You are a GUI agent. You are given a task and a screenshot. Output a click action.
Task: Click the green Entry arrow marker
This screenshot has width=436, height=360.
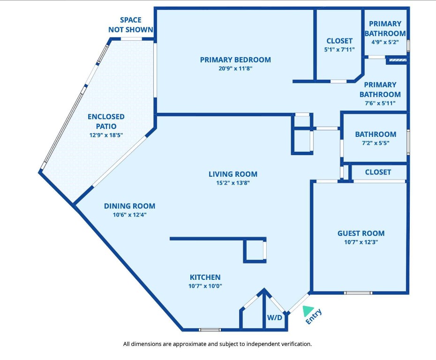coord(308,311)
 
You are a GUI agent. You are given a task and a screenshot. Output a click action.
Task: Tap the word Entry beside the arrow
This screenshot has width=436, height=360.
coord(314,317)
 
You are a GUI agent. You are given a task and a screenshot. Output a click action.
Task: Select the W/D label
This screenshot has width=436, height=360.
coord(275,318)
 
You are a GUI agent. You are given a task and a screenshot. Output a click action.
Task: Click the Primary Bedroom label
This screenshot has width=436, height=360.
coord(235,60)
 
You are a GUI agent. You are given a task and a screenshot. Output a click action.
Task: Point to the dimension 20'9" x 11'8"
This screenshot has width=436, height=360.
coord(235,68)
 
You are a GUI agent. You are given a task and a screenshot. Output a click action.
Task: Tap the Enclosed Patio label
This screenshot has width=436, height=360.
coord(106,121)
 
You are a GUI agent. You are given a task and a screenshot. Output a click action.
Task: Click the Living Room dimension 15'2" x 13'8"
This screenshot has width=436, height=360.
coord(233,183)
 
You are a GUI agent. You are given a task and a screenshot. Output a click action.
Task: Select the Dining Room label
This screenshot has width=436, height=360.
coord(129,206)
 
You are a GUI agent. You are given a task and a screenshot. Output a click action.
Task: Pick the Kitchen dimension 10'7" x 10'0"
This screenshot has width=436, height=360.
coord(205,286)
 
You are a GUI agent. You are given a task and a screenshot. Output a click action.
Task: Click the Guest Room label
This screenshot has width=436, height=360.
coord(361,233)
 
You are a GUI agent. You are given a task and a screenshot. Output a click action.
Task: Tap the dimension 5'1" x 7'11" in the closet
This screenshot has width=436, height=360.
coord(339,49)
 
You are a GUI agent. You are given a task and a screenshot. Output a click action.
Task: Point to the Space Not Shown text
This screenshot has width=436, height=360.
coord(131,25)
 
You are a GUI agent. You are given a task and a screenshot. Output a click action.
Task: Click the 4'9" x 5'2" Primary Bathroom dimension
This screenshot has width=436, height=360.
coord(385,42)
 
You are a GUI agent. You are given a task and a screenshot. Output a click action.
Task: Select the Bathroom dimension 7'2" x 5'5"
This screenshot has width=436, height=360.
coord(375,143)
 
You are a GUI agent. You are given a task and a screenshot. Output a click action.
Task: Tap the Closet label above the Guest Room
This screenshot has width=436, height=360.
coord(378,172)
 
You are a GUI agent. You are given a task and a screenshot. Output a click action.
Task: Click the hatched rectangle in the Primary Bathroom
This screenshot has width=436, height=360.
coord(396,60)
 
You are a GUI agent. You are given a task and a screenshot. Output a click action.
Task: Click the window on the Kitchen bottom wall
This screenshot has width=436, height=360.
coord(210,330)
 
